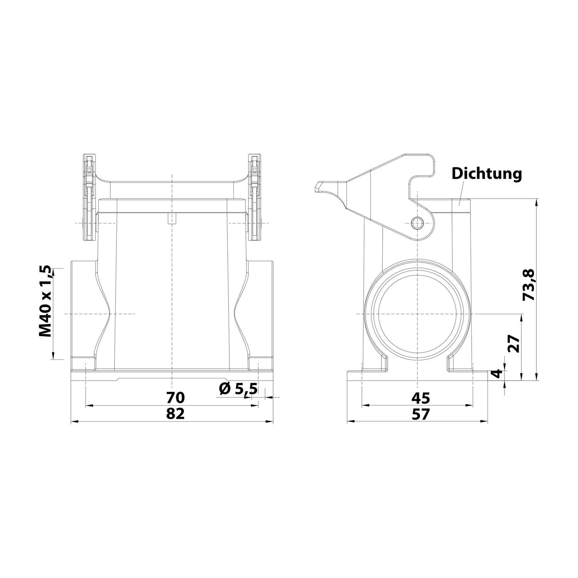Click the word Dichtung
pos(487,174)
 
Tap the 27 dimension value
pos(514,344)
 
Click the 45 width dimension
pos(420,397)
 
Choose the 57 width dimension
pos(420,414)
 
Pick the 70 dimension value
pos(176,397)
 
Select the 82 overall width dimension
pos(176,414)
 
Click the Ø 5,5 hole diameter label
pos(238,389)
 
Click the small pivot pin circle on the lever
pos(417,223)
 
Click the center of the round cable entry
pos(417,314)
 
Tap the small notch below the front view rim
pos(171,218)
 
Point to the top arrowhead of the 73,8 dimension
pos(536,201)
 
